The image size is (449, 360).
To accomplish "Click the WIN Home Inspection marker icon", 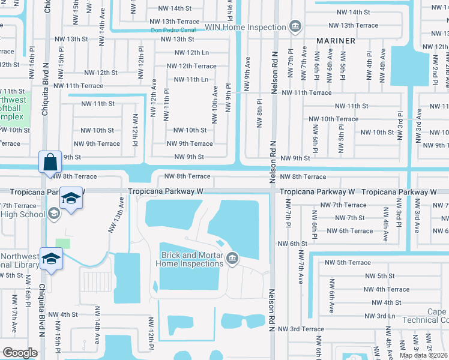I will point(295,27).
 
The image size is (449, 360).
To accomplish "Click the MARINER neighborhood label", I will point(336,41).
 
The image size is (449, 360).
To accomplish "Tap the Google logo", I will point(20,353).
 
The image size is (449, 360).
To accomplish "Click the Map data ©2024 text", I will point(424,355).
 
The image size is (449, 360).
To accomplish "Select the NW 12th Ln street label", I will point(189,53).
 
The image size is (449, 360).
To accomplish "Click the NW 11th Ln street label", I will point(191,79).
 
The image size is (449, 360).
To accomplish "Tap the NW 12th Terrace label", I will point(191,66).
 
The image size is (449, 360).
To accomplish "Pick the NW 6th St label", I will point(292,244).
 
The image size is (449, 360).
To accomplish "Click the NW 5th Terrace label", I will point(348,262).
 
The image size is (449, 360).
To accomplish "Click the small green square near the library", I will point(63,244).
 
